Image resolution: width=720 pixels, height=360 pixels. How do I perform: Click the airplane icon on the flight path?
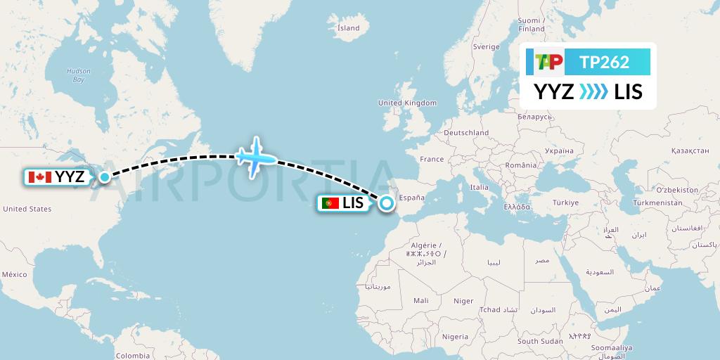coord(255,157)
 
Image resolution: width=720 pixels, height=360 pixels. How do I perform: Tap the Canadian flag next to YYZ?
coord(41,177)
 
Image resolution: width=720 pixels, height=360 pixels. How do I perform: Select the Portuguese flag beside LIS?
coord(330,203)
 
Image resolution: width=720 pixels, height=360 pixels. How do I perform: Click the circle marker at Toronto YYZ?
coord(104,177)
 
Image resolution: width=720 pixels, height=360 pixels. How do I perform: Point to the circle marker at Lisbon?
coord(387,204)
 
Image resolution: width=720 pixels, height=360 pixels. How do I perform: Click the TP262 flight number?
coord(604,62)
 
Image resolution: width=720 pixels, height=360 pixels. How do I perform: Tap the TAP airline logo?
coord(548,62)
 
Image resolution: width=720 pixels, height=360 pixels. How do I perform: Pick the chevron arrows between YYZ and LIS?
coord(593,91)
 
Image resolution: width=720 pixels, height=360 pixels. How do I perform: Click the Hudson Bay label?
coord(74,75)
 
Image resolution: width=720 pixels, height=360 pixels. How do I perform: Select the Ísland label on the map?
coord(348,28)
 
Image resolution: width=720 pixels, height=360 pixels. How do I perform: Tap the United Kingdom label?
coord(407,103)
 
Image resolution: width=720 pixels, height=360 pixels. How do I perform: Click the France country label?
coord(432,160)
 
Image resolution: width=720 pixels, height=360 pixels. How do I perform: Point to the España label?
coord(411,198)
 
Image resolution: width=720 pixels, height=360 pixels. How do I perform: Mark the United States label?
coord(27,209)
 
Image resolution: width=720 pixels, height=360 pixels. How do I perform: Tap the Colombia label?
coord(133,356)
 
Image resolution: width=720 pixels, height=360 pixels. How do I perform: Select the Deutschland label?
coord(467,132)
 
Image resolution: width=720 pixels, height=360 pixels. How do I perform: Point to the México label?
coord(14,274)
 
